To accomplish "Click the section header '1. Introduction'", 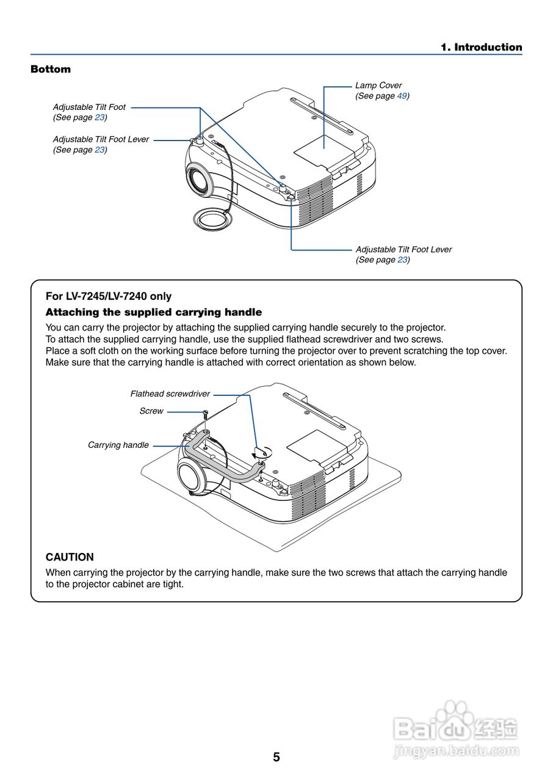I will point(482,47).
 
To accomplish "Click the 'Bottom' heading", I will point(51,69).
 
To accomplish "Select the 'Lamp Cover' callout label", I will point(378,86).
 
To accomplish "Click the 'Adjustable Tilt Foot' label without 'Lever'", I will point(89,107).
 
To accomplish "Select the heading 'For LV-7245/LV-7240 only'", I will point(109,296).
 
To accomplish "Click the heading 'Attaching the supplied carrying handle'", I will point(154,312).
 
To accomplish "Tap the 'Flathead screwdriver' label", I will point(170,394).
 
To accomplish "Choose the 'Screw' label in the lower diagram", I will point(151,411).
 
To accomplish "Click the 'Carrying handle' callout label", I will point(118,445).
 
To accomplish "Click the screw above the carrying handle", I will point(207,415).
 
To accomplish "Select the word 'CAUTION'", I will point(70,557).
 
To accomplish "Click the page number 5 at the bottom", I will point(276,758).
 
